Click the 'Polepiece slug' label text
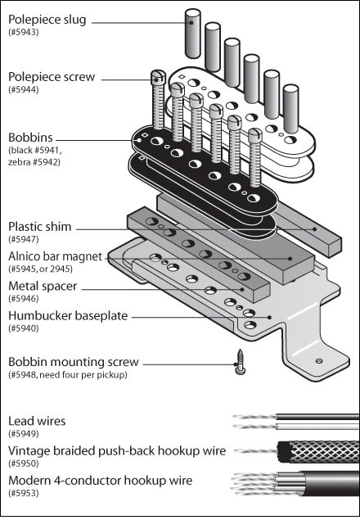click(x=47, y=20)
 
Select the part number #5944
click(x=24, y=89)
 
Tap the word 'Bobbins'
click(x=30, y=138)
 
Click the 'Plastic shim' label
click(x=40, y=227)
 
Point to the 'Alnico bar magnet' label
click(x=56, y=256)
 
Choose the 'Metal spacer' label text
click(x=43, y=286)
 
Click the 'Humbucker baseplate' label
click(x=68, y=316)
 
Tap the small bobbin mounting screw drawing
click(x=240, y=362)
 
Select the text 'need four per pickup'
click(x=83, y=375)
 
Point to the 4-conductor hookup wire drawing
click(x=295, y=484)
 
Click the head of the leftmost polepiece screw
click(x=159, y=77)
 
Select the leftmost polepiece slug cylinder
click(x=192, y=34)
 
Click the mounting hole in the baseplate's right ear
click(x=319, y=361)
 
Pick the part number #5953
click(x=24, y=493)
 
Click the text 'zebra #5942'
click(x=34, y=162)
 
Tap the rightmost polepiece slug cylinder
click(x=291, y=109)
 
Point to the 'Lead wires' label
click(x=37, y=421)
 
